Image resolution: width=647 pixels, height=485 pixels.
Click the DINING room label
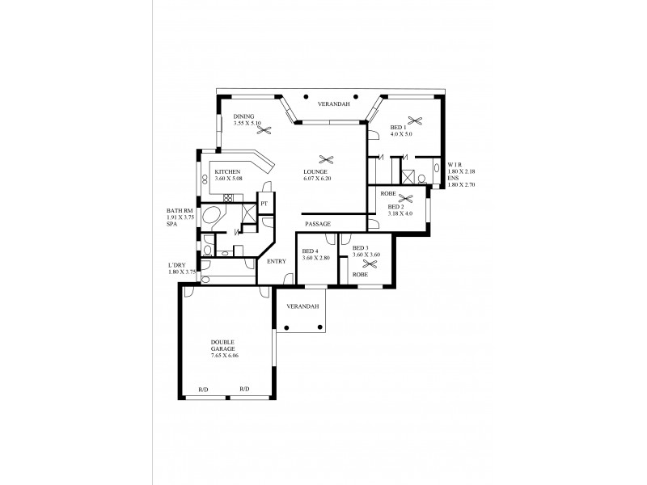(x=243, y=116)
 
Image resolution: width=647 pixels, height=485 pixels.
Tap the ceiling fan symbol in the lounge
(x=326, y=159)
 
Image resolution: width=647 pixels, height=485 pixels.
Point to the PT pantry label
(x=264, y=201)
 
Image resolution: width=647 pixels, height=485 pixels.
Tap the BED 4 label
(x=311, y=251)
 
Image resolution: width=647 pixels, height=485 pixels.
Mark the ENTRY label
(x=277, y=261)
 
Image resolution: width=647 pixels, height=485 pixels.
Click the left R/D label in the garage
(x=202, y=390)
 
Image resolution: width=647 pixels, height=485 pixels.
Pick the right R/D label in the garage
(x=244, y=390)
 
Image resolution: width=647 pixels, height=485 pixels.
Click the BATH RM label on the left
(x=180, y=211)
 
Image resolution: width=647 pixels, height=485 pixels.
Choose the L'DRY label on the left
(x=179, y=265)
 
